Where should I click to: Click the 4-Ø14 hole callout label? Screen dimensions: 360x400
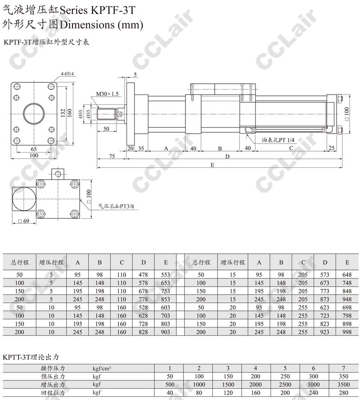(x=67, y=74)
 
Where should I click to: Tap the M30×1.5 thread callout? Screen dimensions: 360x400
(x=107, y=94)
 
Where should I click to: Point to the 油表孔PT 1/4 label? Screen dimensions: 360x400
(x=278, y=140)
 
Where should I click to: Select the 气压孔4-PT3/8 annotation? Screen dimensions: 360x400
(x=116, y=206)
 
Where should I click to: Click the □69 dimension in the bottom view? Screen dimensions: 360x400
(x=24, y=221)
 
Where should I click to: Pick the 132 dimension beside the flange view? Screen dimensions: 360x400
(x=63, y=113)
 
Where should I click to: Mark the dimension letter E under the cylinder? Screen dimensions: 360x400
(x=212, y=165)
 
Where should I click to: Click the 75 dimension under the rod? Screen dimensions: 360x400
(x=112, y=156)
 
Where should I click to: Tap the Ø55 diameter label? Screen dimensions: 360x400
(x=81, y=113)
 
